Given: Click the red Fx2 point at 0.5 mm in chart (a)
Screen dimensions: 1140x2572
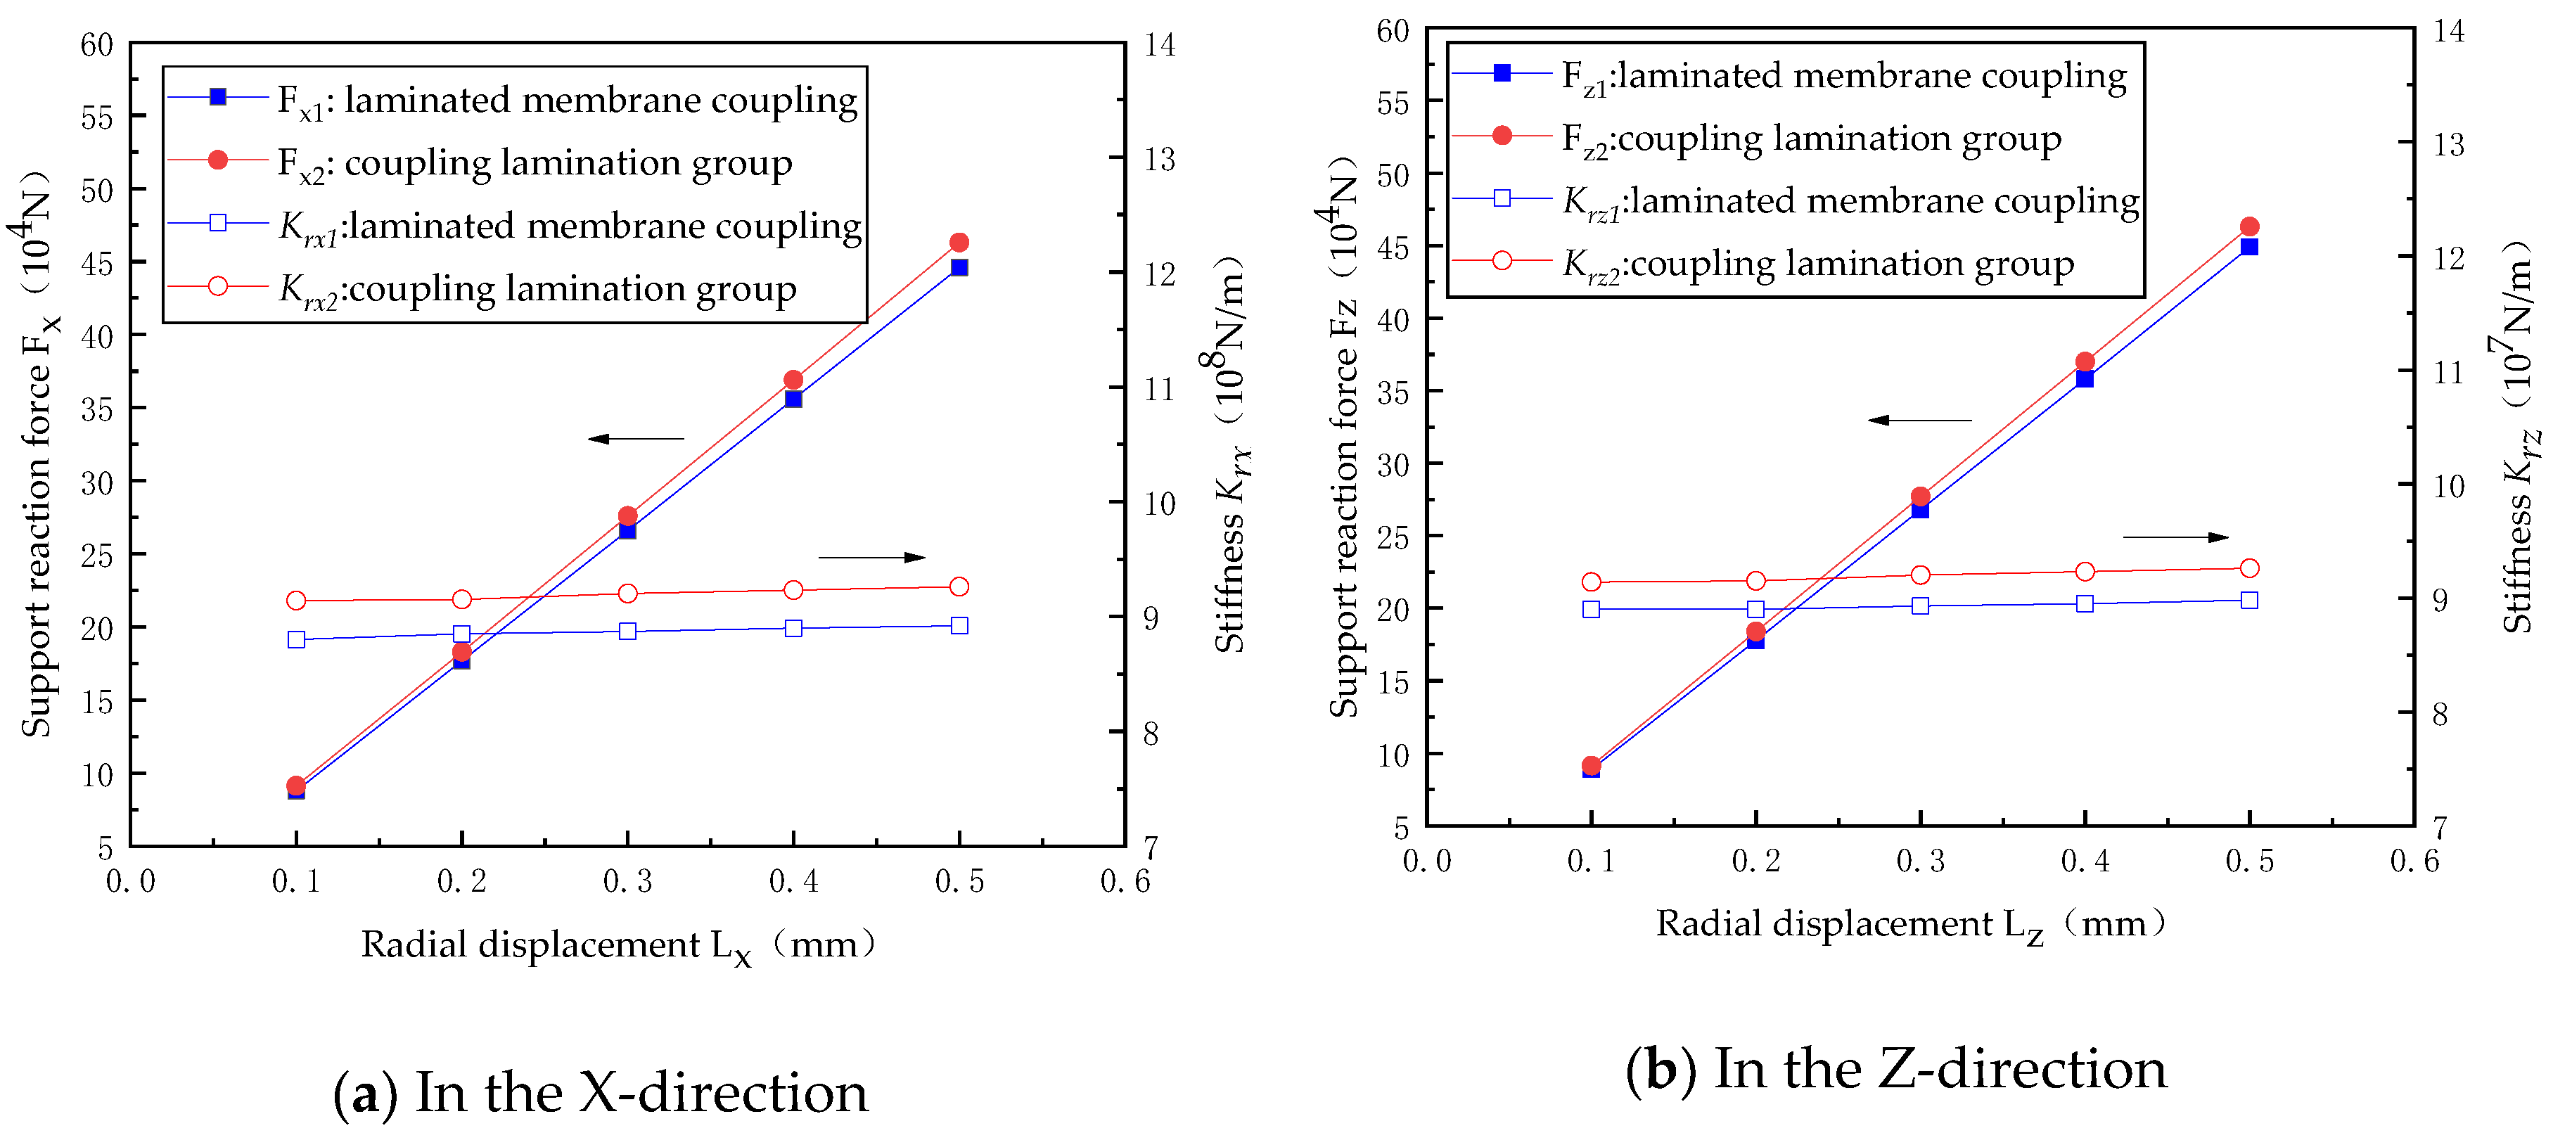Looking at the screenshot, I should pos(959,243).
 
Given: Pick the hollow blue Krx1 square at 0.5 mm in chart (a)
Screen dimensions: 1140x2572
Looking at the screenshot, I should pos(959,625).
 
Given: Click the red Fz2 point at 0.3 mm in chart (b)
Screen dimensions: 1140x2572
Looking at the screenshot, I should pos(1919,496).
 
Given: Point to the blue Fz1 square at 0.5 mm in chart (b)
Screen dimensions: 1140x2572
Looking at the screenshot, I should pos(2248,247).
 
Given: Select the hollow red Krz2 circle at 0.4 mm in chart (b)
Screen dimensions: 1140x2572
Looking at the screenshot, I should pos(2084,571).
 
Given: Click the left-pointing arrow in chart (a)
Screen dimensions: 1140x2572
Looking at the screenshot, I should pos(635,438).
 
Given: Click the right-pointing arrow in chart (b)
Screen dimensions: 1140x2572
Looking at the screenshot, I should pos(2175,537).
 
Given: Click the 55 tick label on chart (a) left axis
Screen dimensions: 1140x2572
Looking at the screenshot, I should pos(97,117).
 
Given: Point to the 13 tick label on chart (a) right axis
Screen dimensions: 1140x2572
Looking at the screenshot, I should pos(1158,160).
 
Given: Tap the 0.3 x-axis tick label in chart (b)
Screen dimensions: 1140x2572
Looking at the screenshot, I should pos(1919,861).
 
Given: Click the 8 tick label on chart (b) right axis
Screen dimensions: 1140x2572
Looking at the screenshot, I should pos(2439,714).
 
